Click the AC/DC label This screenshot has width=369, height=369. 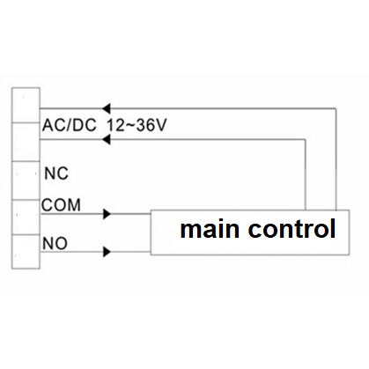pyautogui.click(x=70, y=125)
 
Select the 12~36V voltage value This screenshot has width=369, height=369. pyautogui.click(x=137, y=125)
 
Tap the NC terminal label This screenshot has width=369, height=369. pyautogui.click(x=56, y=173)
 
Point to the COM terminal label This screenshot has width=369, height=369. pyautogui.click(x=61, y=205)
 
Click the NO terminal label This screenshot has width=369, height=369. pyautogui.click(x=55, y=243)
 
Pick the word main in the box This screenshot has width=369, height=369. pyautogui.click(x=210, y=229)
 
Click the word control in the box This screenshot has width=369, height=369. pyautogui.click(x=292, y=228)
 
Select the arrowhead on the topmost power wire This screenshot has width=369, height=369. pyautogui.click(x=106, y=108)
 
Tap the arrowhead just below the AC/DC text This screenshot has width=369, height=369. pyautogui.click(x=106, y=140)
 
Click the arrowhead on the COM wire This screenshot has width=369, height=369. pyautogui.click(x=107, y=214)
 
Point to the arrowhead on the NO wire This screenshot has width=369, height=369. pyautogui.click(x=107, y=252)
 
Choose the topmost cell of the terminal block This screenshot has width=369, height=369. pyautogui.click(x=26, y=105)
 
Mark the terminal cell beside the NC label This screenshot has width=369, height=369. pyautogui.click(x=26, y=181)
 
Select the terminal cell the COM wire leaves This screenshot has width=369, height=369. pyautogui.click(x=26, y=218)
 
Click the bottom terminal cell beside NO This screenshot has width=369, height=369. pyautogui.click(x=26, y=252)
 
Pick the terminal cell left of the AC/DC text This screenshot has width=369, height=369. pyautogui.click(x=26, y=142)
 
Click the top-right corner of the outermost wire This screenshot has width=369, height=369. pyautogui.click(x=336, y=108)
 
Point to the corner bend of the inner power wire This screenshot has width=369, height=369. pyautogui.click(x=306, y=140)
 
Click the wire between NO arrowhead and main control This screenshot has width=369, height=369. pyautogui.click(x=130, y=252)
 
